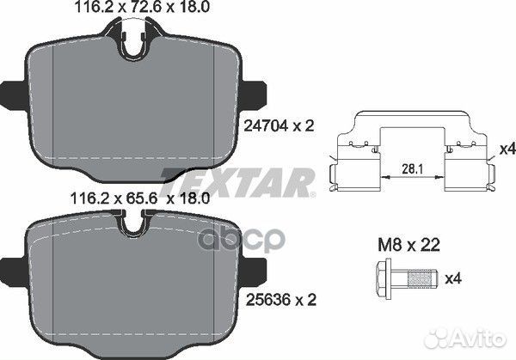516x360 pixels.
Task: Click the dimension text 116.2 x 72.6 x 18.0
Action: (x=142, y=7)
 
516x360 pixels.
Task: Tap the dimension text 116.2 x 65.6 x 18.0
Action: (x=140, y=198)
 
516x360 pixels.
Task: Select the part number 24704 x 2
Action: (x=279, y=125)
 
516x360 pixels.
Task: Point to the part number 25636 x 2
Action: (x=281, y=300)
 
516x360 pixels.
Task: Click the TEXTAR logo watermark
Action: (x=237, y=182)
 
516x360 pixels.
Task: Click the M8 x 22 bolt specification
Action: (x=408, y=245)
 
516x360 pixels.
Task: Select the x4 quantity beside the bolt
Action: (x=453, y=278)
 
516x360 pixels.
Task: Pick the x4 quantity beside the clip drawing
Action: (x=507, y=149)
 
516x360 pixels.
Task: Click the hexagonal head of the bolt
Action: (x=384, y=278)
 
